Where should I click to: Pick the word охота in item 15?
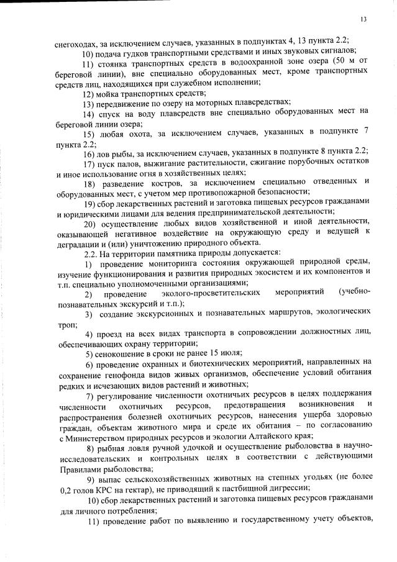[x=150, y=135]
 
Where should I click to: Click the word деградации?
[x=76, y=242]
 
